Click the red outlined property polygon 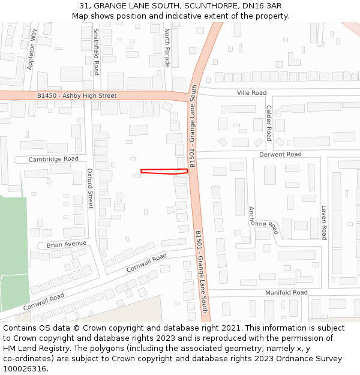pyautogui.click(x=164, y=171)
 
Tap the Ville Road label pyautogui.click(x=251, y=93)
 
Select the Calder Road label pyautogui.click(x=269, y=123)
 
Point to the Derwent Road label pyautogui.click(x=280, y=154)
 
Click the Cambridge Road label pyautogui.click(x=53, y=159)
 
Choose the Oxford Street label pyautogui.click(x=91, y=188)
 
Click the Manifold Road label pyautogui.click(x=286, y=292)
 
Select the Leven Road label pyautogui.click(x=324, y=223)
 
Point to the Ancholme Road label pyautogui.click(x=264, y=220)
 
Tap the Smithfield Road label pyautogui.click(x=96, y=52)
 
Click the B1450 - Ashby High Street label pyautogui.click(x=76, y=95)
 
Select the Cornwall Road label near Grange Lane pyautogui.click(x=146, y=263)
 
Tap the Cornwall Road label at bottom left pyautogui.click(x=44, y=302)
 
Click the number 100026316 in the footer pyautogui.click(x=25, y=368)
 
